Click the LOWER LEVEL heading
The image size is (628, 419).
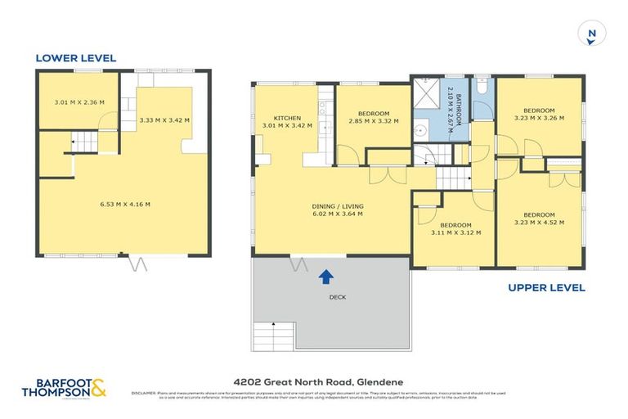75,58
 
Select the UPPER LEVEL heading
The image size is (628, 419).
546,287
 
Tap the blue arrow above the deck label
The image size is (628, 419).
325,277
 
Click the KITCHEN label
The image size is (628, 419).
275,119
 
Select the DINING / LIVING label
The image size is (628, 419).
337,206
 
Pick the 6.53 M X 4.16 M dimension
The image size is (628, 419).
124,205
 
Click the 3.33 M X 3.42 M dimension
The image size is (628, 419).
164,120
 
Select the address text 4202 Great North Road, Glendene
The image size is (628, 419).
314,381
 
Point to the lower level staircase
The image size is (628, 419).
84,143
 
